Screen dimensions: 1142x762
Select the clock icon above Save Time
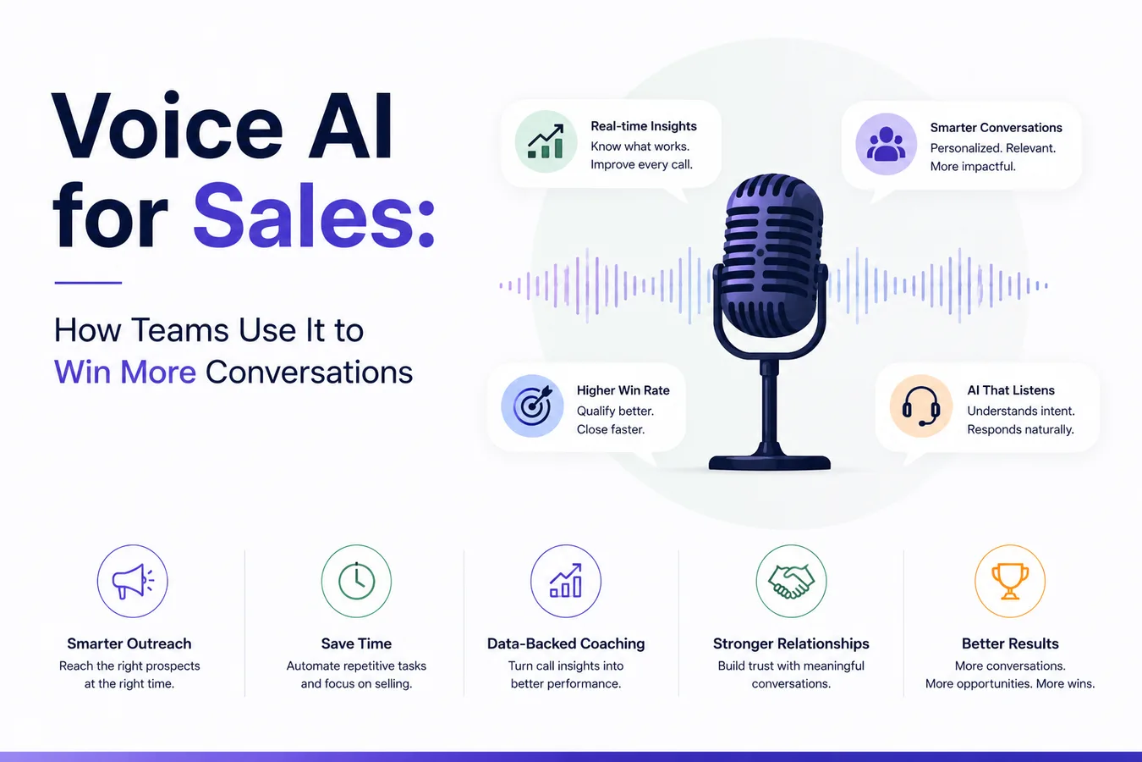[356, 581]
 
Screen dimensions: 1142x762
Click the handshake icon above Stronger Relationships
[791, 581]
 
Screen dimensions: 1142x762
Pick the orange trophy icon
[1010, 581]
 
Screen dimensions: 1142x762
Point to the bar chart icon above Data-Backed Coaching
[566, 581]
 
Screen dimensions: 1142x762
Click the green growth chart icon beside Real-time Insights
[546, 141]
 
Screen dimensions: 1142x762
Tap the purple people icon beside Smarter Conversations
[886, 144]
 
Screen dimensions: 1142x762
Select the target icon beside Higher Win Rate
[533, 406]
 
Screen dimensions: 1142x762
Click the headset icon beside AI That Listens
[921, 406]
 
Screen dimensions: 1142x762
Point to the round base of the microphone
[769, 462]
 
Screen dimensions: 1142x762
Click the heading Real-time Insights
[644, 126]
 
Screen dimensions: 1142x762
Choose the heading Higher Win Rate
[623, 390]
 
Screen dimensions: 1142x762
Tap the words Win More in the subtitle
[125, 372]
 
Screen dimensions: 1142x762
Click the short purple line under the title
[88, 282]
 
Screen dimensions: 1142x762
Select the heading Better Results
[1010, 643]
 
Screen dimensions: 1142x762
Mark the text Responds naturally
[1021, 430]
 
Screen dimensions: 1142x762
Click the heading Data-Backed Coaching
[566, 643]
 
